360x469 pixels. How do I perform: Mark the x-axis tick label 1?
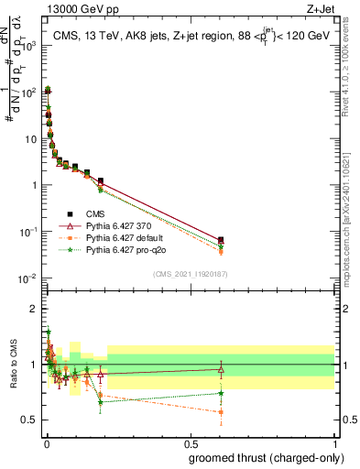(334, 443)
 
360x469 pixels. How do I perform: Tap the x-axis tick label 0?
(46, 443)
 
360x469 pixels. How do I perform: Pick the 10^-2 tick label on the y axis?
(29, 278)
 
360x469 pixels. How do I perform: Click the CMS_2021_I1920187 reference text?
(190, 273)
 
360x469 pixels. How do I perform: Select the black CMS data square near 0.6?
(221, 240)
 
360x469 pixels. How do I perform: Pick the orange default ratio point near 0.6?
(221, 412)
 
